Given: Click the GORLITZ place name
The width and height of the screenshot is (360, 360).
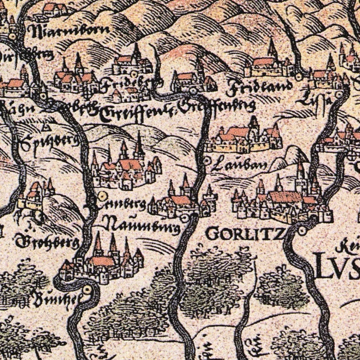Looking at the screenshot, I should coord(238,234).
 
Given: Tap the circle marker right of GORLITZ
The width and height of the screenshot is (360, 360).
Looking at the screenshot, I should coord(302,231).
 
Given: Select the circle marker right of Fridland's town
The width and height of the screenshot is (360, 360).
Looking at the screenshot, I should coord(299,75).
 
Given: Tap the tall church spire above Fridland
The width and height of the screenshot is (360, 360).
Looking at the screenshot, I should coord(272,48).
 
